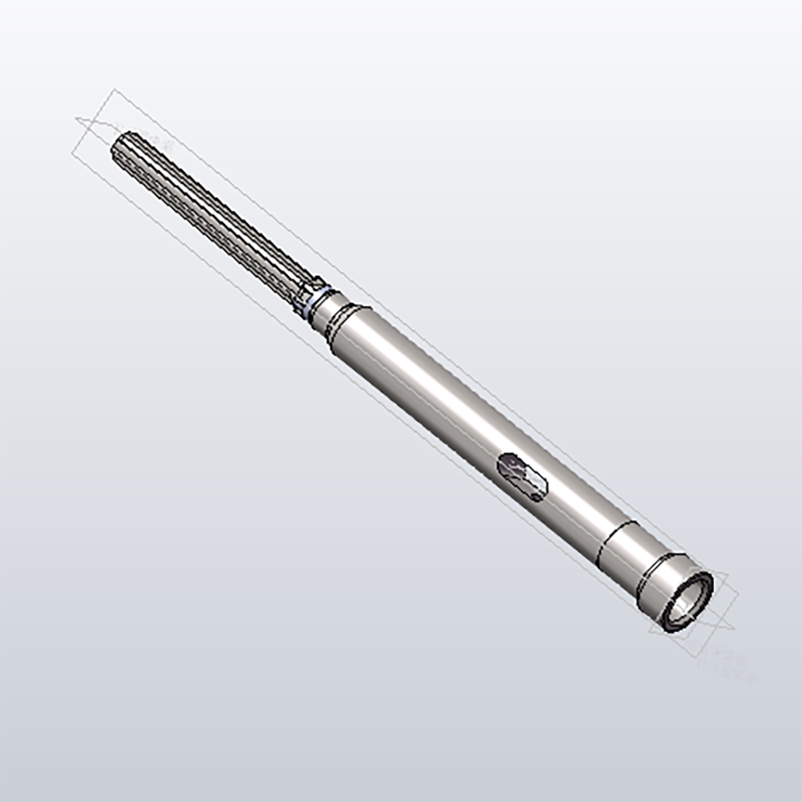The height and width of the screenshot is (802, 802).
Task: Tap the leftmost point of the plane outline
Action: tap(75, 120)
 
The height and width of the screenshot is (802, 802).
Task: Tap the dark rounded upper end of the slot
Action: tap(509, 463)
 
